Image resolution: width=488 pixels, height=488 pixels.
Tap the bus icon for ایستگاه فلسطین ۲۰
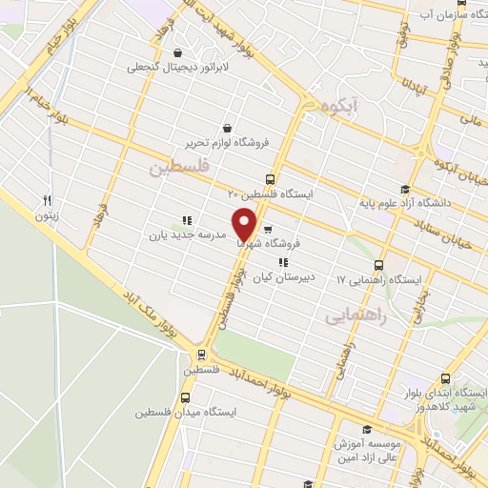271,178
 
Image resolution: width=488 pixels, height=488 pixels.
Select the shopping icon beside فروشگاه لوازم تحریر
227,128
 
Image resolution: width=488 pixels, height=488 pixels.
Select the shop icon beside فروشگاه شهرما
268,229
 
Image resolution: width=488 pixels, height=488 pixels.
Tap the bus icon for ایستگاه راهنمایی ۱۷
379,265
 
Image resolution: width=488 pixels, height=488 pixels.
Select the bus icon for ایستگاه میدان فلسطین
185,397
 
